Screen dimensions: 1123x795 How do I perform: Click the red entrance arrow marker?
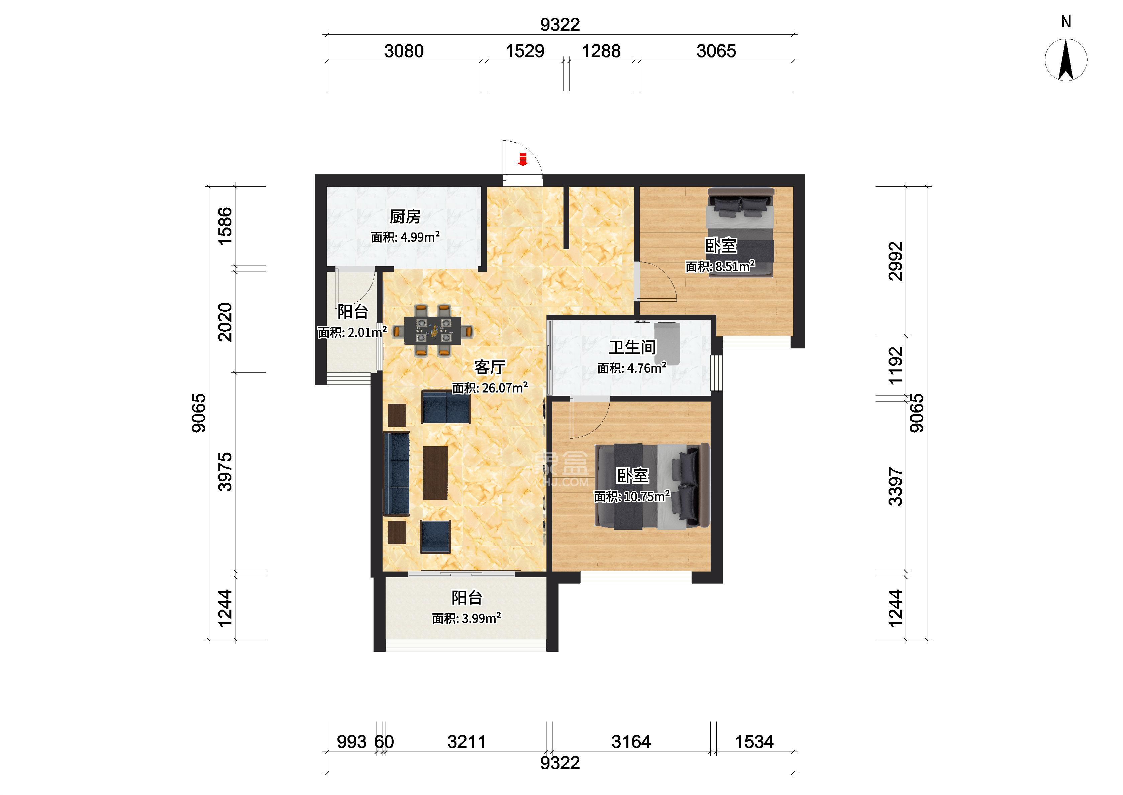(x=523, y=159)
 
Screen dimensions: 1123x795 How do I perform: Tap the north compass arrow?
(x=1066, y=60)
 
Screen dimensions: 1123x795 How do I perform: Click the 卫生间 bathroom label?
(x=632, y=348)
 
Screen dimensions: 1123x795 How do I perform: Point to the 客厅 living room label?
(x=490, y=367)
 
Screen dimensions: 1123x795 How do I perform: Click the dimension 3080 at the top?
(x=404, y=51)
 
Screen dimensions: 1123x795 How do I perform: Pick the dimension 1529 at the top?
(x=525, y=51)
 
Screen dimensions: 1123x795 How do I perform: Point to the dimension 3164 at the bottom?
(x=631, y=742)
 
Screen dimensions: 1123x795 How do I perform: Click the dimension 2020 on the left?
(x=225, y=322)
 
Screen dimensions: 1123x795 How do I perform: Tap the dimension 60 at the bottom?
(x=384, y=742)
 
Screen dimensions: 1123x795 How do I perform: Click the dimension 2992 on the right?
(x=896, y=261)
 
